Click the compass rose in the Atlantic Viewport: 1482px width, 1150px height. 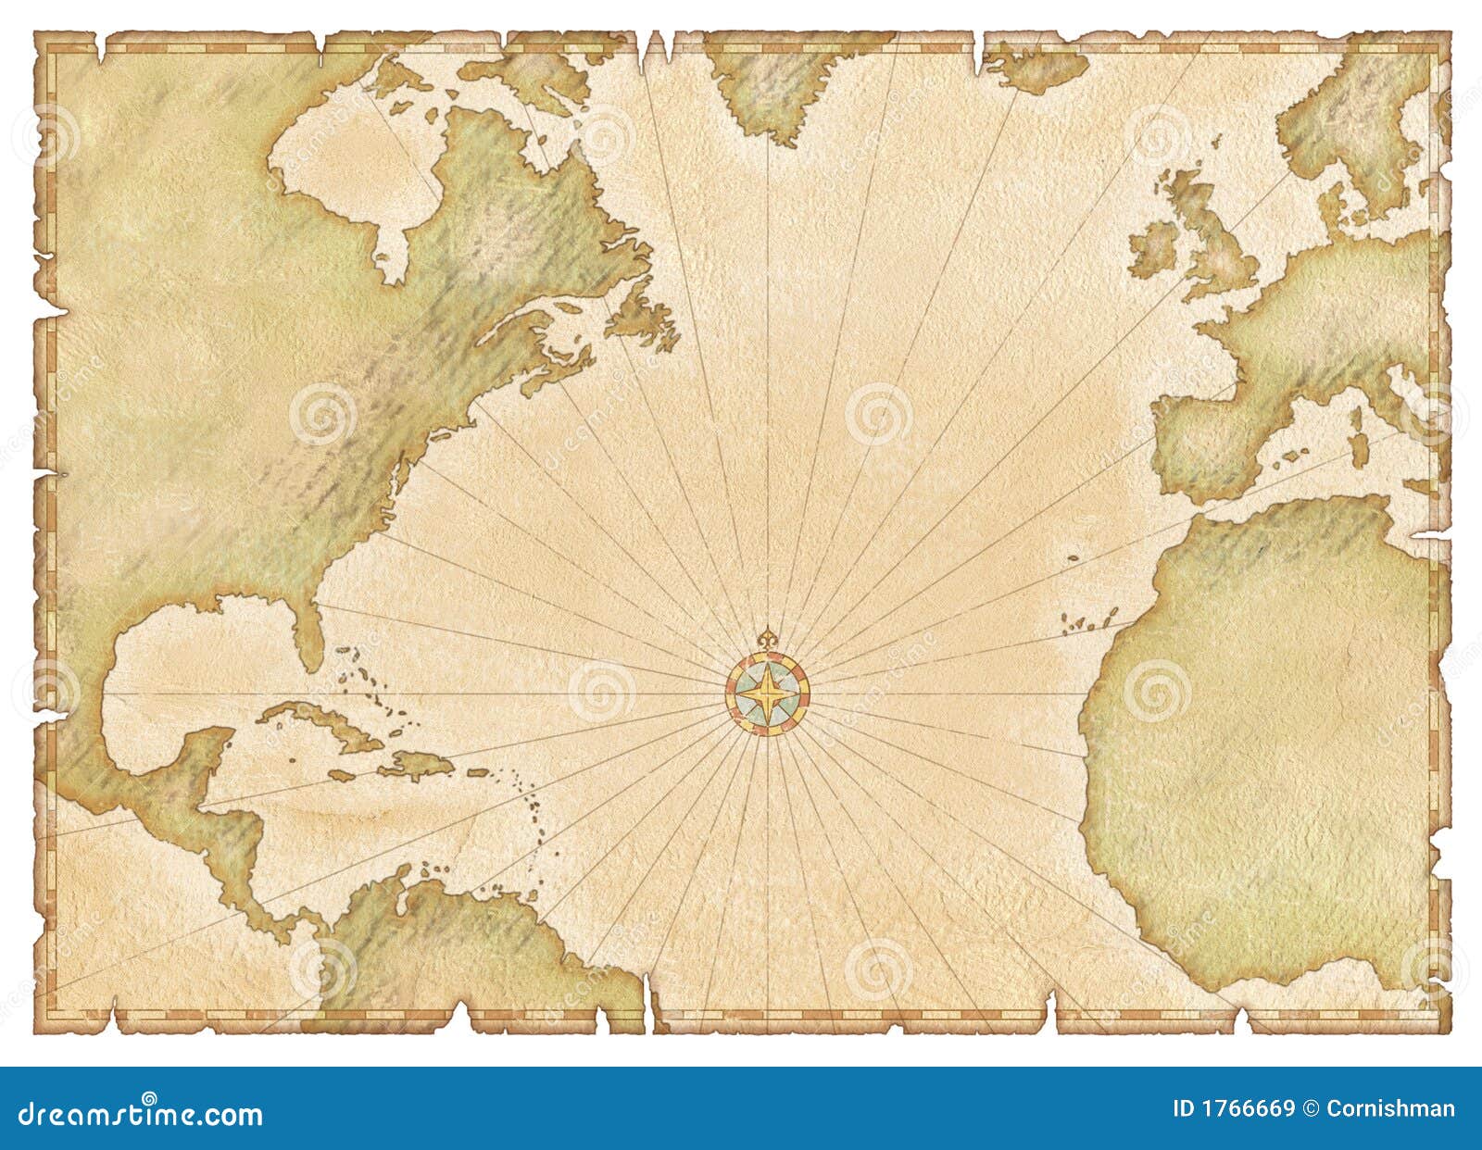pos(767,694)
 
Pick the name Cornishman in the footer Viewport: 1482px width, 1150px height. pos(1390,1108)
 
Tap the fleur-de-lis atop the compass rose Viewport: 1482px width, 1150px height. pos(767,639)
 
